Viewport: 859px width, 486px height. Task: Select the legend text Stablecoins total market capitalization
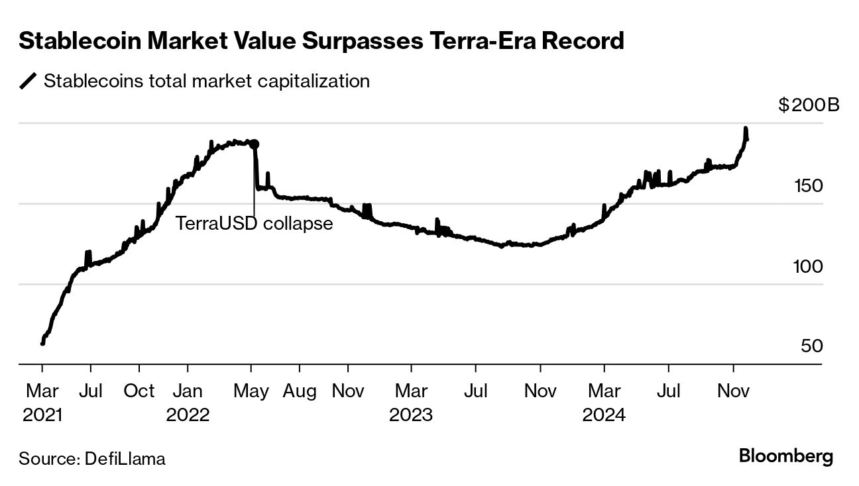(206, 81)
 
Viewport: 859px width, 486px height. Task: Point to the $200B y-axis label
(808, 105)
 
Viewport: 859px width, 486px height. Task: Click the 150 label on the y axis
(809, 186)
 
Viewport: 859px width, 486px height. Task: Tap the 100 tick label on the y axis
(809, 267)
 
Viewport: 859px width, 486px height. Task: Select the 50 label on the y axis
(812, 347)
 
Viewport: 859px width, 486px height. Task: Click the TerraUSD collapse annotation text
(254, 224)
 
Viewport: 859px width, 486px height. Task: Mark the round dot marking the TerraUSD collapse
(254, 144)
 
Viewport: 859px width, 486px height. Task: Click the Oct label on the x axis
(139, 391)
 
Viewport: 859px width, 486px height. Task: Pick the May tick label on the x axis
(251, 391)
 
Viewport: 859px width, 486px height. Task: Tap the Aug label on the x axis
(300, 391)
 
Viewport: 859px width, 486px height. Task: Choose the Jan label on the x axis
(188, 391)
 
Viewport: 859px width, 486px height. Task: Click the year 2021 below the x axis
(42, 415)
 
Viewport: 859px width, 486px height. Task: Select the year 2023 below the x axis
(411, 415)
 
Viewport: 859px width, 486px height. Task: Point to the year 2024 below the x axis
(604, 415)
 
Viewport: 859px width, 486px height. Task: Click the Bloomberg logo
(785, 456)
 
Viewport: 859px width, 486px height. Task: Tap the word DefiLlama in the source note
(125, 458)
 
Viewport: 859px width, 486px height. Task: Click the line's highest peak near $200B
(746, 128)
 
